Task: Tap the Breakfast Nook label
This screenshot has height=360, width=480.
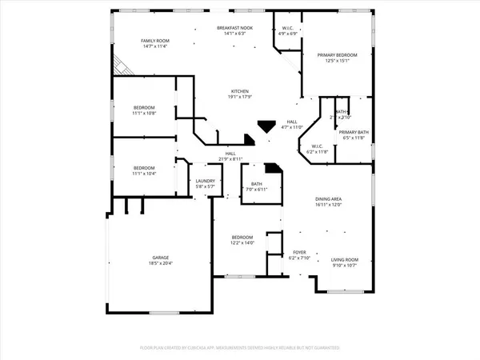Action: point(236,29)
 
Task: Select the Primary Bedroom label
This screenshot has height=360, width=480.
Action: point(337,55)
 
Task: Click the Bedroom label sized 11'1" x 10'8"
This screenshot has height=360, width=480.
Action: point(144,107)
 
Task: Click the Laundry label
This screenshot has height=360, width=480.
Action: point(206,182)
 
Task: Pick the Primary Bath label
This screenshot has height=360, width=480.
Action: point(352,132)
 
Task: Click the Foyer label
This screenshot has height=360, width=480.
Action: point(298,253)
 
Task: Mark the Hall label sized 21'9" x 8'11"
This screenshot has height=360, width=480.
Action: point(230,154)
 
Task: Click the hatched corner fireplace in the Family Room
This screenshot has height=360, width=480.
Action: point(120,66)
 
